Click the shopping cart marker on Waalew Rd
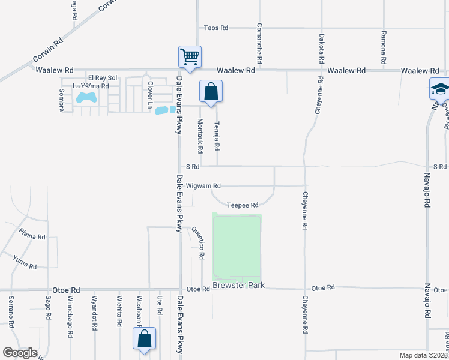pyautogui.click(x=190, y=57)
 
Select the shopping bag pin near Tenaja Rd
pyautogui.click(x=211, y=92)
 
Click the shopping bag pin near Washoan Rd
pyautogui.click(x=145, y=338)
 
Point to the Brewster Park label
pyautogui.click(x=238, y=285)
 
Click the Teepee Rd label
pyautogui.click(x=243, y=205)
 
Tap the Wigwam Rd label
pyautogui.click(x=203, y=185)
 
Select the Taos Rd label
pyautogui.click(x=216, y=28)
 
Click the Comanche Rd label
pyautogui.click(x=259, y=44)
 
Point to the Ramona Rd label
pyautogui.click(x=383, y=48)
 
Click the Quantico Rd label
pyautogui.click(x=197, y=242)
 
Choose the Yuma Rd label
pyautogui.click(x=25, y=262)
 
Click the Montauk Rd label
pyautogui.click(x=200, y=135)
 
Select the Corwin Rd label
pyautogui.click(x=49, y=52)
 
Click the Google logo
pyautogui.click(x=20, y=353)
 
